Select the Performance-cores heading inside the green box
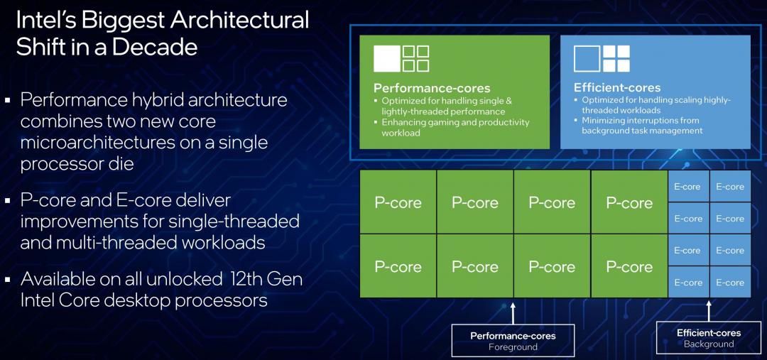click(x=432, y=88)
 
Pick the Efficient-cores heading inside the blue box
click(x=617, y=88)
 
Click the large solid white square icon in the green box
click(x=387, y=59)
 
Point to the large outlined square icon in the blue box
click(x=587, y=59)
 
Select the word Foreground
click(x=513, y=347)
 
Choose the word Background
click(x=709, y=344)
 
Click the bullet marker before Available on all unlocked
click(x=7, y=280)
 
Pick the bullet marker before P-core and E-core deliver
click(x=7, y=200)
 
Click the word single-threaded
click(x=234, y=221)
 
